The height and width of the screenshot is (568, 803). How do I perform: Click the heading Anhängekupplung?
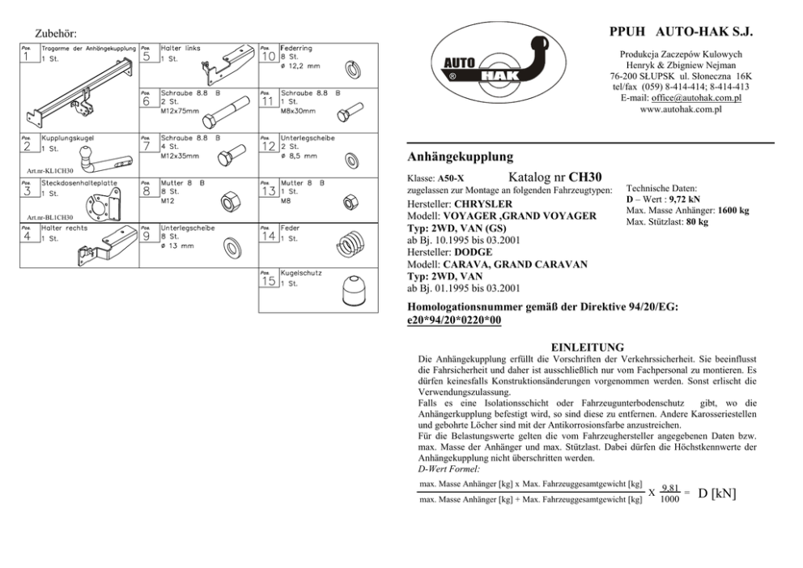[x=460, y=154]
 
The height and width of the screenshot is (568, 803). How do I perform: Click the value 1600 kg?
[x=732, y=211]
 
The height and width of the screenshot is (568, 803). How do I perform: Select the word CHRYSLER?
[x=483, y=203]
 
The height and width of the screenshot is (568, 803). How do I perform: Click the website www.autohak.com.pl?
[x=681, y=108]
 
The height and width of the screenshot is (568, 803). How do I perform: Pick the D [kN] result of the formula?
[x=717, y=493]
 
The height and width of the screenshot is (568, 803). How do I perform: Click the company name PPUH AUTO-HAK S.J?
[x=681, y=32]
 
